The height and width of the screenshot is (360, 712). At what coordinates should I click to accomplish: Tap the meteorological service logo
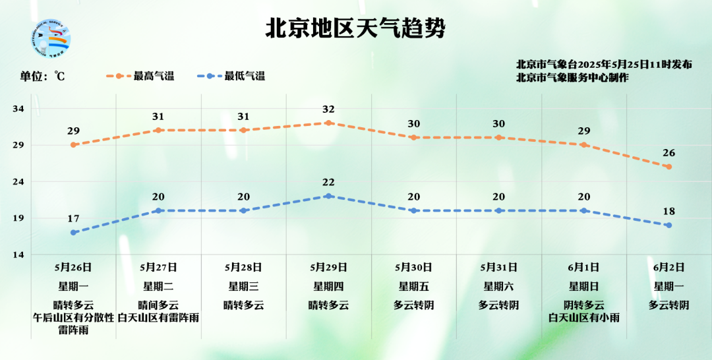pos(51,39)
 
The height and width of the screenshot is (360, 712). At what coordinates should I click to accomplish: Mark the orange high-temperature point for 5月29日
pos(328,123)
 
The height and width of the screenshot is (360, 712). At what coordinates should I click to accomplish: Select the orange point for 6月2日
pos(668,167)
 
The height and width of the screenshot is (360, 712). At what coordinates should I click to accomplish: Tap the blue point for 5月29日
pos(328,196)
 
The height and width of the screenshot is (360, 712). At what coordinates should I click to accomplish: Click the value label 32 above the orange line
pos(328,109)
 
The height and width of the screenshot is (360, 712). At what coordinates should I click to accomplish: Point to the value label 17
pos(73,219)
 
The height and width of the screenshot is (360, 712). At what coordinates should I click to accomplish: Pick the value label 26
pos(668,153)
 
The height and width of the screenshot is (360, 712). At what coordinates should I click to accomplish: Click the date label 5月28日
pos(243,268)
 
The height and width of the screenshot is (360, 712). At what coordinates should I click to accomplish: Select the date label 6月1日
pos(583,268)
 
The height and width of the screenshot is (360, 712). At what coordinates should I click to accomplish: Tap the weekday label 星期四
pos(328,287)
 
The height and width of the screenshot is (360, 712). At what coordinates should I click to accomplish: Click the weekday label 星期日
pos(583,287)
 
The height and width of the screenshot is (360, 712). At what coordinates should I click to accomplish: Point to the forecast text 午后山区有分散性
pos(73,318)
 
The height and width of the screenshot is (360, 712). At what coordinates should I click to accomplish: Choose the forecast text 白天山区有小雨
pos(583,318)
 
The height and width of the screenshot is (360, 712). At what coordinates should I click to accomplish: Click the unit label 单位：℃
pos(42,76)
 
